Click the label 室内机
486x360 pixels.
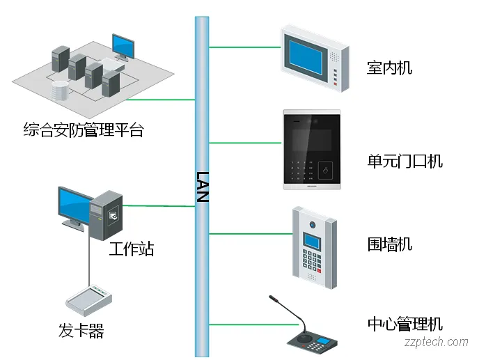click(x=389, y=68)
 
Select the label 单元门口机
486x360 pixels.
click(x=405, y=161)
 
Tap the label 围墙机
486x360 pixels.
click(x=389, y=244)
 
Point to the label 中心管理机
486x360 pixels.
click(x=405, y=324)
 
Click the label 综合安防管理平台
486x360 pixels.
click(x=83, y=130)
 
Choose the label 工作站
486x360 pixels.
click(x=131, y=249)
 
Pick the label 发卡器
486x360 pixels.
click(x=81, y=331)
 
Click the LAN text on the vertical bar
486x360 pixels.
click(x=202, y=186)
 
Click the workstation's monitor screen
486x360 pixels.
click(x=75, y=205)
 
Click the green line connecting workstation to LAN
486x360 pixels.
click(x=159, y=206)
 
